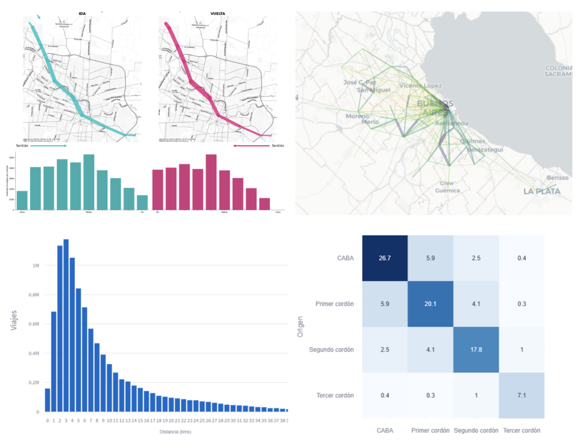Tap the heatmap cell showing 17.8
tap(476, 349)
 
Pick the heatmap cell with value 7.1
tap(521, 395)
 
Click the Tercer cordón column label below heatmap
tap(521, 430)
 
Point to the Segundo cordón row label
tap(331, 350)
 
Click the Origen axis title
tap(300, 327)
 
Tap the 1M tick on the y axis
tap(35, 265)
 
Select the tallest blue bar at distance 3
tap(66, 325)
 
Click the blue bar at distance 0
tap(47, 400)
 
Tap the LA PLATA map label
tap(541, 192)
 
